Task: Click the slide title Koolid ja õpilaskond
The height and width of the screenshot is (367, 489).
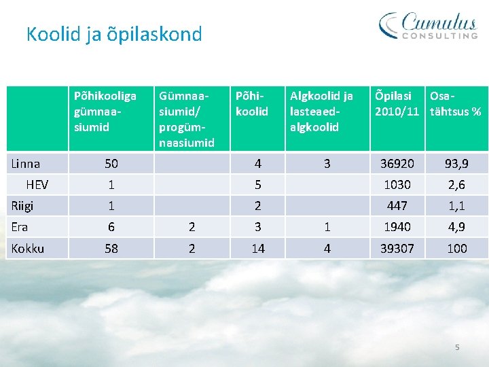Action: pyautogui.click(x=114, y=34)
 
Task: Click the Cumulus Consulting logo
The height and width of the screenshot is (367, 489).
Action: pyautogui.click(x=429, y=26)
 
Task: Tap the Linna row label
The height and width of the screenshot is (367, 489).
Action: pyautogui.click(x=26, y=164)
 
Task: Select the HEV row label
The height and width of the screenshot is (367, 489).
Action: pyautogui.click(x=37, y=185)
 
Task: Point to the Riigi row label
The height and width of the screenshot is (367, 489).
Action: pyautogui.click(x=22, y=206)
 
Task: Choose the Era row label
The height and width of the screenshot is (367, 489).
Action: pyautogui.click(x=20, y=227)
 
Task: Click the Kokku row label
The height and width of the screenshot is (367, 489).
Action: pyautogui.click(x=28, y=249)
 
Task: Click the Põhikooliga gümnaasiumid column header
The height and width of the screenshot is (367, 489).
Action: pyautogui.click(x=105, y=111)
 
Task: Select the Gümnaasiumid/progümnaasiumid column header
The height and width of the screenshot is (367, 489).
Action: pyautogui.click(x=186, y=119)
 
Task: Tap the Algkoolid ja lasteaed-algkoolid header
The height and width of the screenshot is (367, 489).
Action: pyautogui.click(x=321, y=111)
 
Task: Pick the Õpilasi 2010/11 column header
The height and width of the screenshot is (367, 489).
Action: pyautogui.click(x=397, y=103)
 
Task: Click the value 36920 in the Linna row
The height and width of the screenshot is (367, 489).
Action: pyautogui.click(x=397, y=164)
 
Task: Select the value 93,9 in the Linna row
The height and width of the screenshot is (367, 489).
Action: pyautogui.click(x=456, y=164)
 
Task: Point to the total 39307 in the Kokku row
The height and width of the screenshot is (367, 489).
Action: pyautogui.click(x=397, y=249)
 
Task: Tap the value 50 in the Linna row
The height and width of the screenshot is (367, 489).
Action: pyautogui.click(x=111, y=164)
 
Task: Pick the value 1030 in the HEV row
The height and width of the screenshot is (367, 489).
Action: pyautogui.click(x=397, y=185)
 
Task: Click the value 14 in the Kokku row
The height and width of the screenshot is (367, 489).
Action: pyautogui.click(x=258, y=249)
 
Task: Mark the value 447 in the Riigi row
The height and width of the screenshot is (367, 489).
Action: pyautogui.click(x=397, y=206)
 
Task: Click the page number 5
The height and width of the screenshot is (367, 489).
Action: pyautogui.click(x=457, y=347)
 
